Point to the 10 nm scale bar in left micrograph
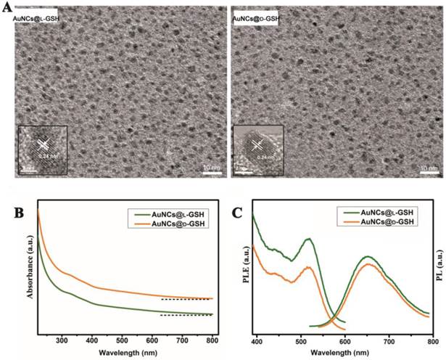click(x=210, y=171)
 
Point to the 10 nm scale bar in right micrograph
click(x=429, y=171)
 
